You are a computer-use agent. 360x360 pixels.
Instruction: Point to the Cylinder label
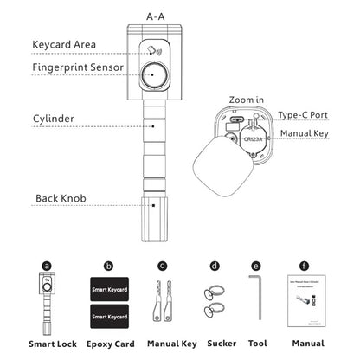(54, 118)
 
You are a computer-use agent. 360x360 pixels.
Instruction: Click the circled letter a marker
(47, 267)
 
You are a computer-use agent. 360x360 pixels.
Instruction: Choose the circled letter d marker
(213, 267)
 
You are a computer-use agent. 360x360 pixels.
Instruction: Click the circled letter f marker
(304, 267)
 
